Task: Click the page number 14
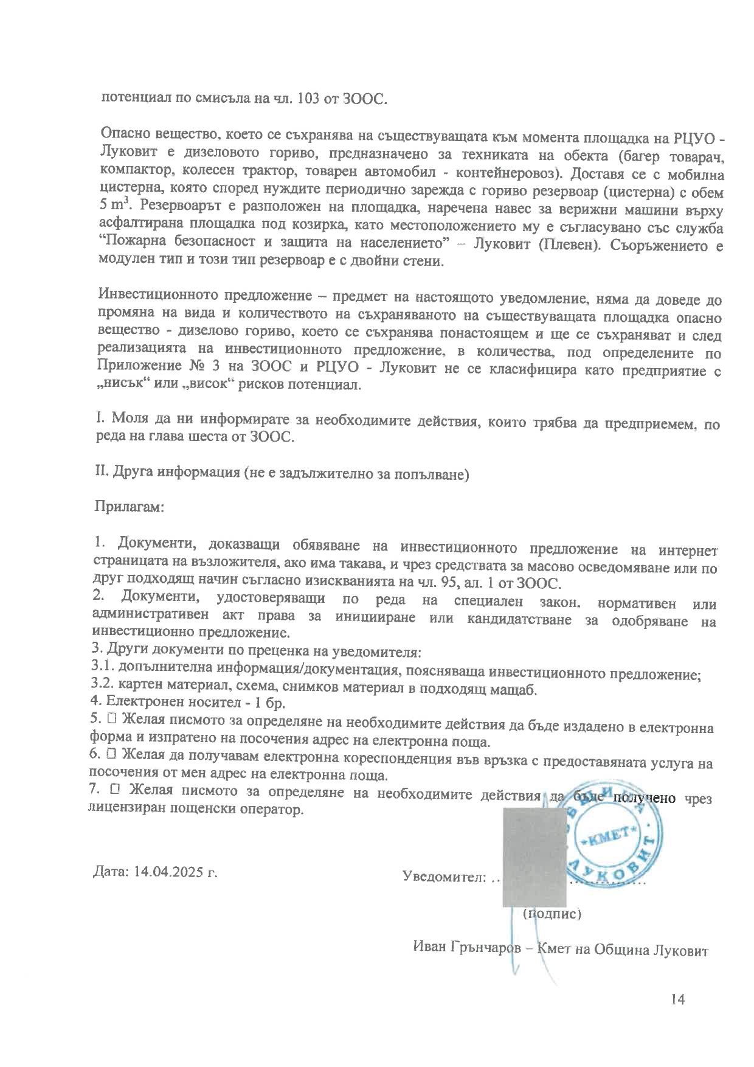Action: [x=678, y=999]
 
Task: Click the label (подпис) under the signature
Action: [x=552, y=914]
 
